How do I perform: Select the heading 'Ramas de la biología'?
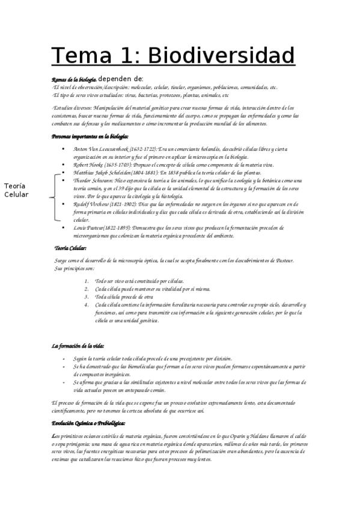(x=74, y=79)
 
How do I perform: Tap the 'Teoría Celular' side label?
(x=16, y=191)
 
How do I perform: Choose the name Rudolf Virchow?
(x=92, y=204)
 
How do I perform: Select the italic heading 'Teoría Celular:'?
(x=70, y=248)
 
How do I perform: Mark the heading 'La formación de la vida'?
(x=78, y=346)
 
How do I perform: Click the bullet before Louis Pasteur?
(x=64, y=228)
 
